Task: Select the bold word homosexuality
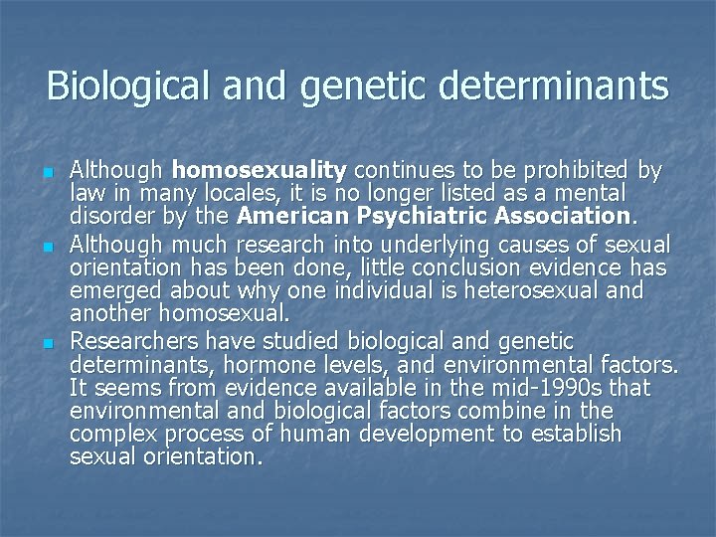(x=259, y=170)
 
